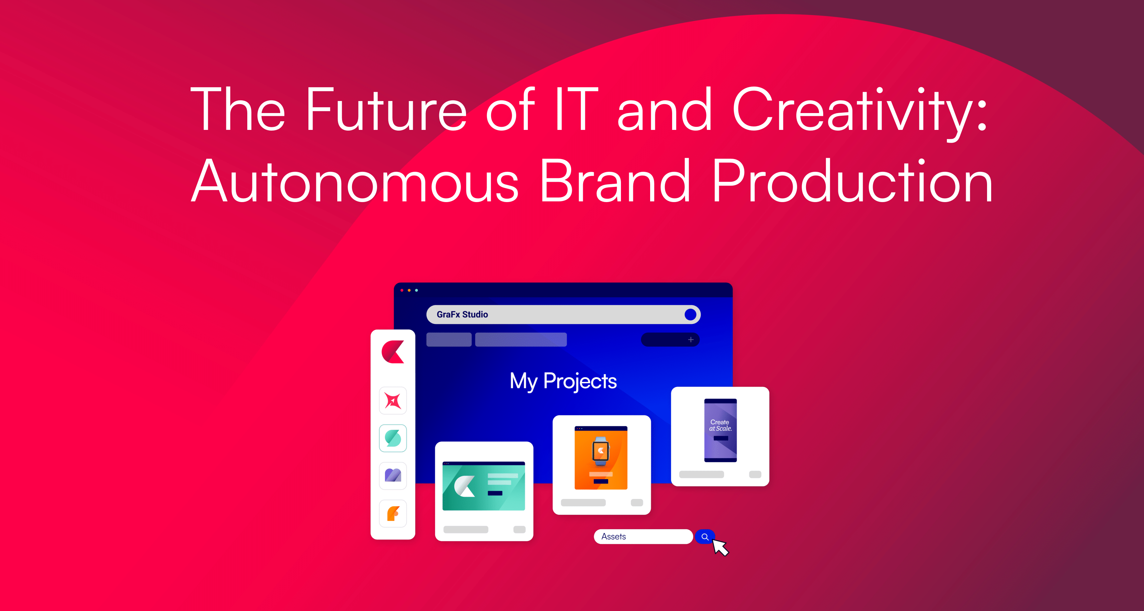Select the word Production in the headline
point(852,180)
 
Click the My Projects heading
point(563,381)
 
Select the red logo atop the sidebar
point(393,352)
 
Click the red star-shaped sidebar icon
point(393,401)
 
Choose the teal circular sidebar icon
point(393,438)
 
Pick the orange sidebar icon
point(393,514)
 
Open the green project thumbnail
point(484,486)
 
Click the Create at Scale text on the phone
point(720,425)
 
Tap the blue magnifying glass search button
point(705,537)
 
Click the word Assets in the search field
point(613,537)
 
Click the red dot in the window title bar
point(402,290)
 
